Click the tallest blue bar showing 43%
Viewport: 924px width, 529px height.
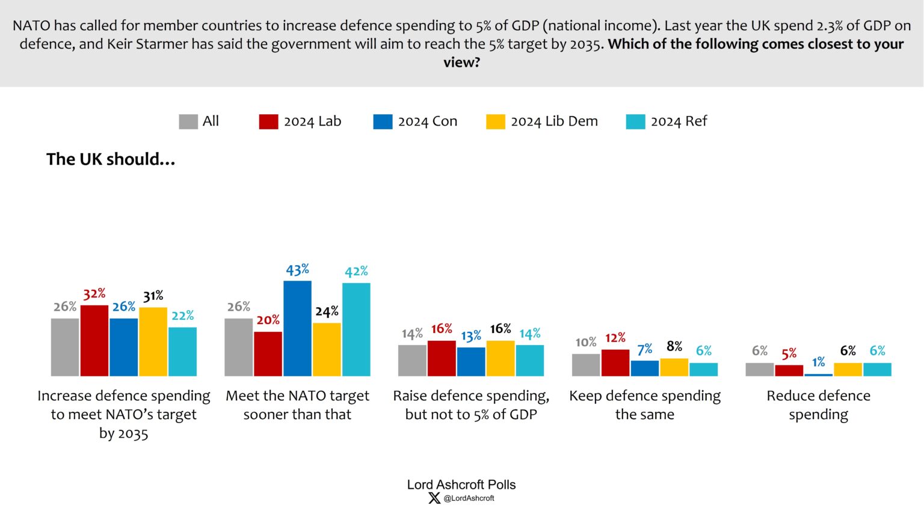(x=297, y=328)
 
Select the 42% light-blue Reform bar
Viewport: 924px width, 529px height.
(x=356, y=329)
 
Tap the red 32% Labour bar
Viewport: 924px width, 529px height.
(x=94, y=340)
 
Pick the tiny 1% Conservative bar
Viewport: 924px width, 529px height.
(x=818, y=375)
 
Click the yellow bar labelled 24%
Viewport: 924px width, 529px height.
(x=327, y=349)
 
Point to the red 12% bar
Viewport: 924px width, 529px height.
(x=615, y=362)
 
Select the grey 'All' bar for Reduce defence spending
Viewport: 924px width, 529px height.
(x=759, y=369)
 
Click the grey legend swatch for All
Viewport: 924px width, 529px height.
(x=188, y=121)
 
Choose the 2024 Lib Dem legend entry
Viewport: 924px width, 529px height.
(x=542, y=121)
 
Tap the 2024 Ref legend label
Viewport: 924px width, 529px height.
(x=679, y=121)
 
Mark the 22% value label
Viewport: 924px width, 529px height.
(x=183, y=316)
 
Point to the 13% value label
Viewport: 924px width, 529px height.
(x=471, y=335)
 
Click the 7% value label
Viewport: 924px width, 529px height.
(x=644, y=349)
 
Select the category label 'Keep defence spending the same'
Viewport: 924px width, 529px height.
(x=645, y=405)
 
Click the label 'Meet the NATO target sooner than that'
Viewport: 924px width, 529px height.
(x=297, y=405)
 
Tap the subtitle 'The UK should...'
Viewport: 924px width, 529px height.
(x=111, y=159)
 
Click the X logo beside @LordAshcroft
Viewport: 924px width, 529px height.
(x=434, y=498)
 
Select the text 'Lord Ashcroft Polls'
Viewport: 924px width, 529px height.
(x=461, y=485)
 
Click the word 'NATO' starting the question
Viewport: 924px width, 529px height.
(x=31, y=26)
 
